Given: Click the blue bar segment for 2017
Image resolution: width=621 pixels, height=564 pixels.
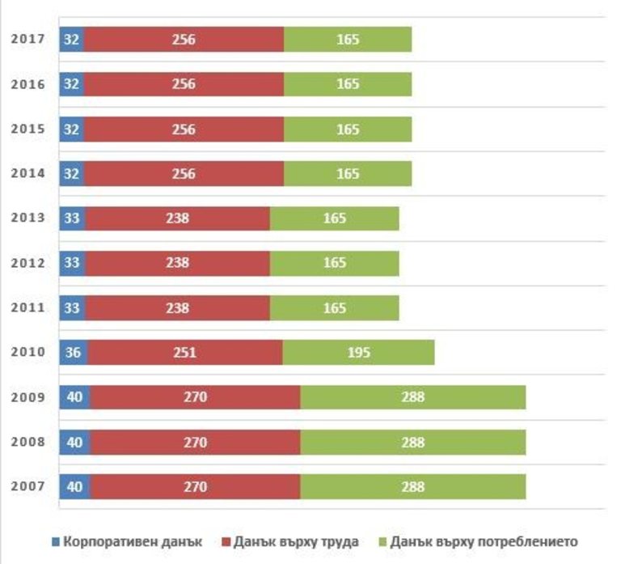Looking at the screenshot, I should (71, 39).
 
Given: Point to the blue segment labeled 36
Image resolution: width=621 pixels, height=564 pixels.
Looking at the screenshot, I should (73, 353).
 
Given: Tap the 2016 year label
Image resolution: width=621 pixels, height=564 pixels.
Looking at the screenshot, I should (27, 83).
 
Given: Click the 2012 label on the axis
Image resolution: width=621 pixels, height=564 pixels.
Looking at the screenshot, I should (27, 263).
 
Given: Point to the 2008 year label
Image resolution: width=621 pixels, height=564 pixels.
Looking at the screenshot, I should (27, 443).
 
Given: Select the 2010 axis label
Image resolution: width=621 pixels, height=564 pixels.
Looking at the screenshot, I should (27, 353).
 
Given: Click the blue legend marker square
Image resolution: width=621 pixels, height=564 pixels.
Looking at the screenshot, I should (56, 541).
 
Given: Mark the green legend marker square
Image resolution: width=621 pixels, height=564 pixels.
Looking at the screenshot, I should (382, 541).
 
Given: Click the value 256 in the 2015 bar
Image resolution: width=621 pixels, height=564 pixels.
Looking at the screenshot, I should (184, 129).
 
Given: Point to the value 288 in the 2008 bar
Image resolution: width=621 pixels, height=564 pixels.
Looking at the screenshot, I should (412, 443).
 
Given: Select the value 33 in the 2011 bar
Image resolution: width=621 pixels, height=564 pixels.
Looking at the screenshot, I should (72, 308).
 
